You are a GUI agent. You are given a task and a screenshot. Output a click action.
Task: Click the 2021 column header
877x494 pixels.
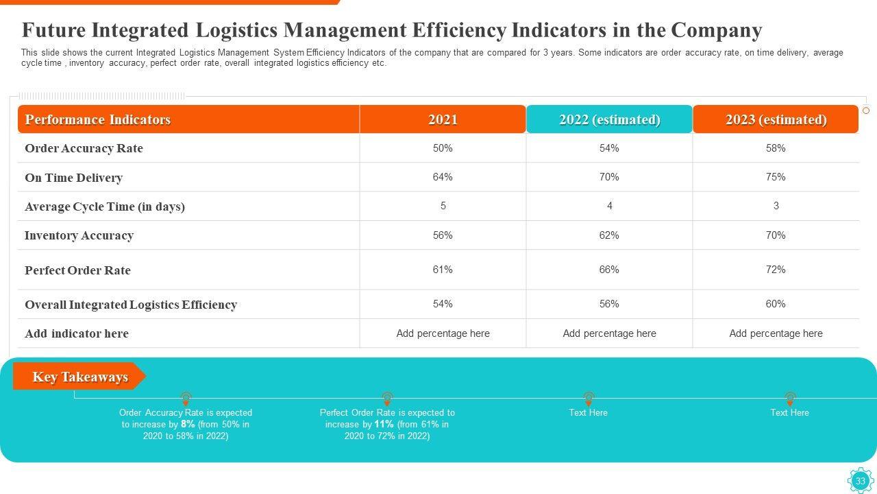click(x=443, y=119)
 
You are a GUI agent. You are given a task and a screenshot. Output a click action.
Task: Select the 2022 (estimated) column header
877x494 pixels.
click(x=609, y=119)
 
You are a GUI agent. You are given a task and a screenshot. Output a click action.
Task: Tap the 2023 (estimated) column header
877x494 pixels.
click(x=776, y=119)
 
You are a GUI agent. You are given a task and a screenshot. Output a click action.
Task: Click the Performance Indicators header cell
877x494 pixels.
click(x=98, y=119)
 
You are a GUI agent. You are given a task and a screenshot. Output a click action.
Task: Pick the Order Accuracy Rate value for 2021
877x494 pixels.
click(x=443, y=148)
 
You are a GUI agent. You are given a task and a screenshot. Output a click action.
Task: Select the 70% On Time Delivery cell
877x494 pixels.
click(x=609, y=177)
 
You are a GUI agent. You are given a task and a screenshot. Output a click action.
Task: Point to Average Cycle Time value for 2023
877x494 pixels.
click(x=776, y=206)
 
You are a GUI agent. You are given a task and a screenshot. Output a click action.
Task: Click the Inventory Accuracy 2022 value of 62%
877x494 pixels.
click(x=609, y=235)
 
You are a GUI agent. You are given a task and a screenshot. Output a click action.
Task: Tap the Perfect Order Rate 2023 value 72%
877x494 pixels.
click(x=776, y=270)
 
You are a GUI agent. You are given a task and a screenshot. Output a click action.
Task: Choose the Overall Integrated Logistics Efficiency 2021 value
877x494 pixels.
click(x=443, y=304)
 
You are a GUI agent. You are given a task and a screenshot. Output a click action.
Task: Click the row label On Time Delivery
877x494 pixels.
click(x=73, y=178)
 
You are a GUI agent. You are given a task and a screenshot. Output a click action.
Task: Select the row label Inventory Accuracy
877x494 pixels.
click(x=79, y=235)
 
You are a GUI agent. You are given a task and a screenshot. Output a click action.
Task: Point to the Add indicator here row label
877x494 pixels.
click(x=77, y=333)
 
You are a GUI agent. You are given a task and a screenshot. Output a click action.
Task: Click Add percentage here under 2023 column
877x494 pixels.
click(x=776, y=333)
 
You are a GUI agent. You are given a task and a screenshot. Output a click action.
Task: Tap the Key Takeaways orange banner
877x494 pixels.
click(x=79, y=377)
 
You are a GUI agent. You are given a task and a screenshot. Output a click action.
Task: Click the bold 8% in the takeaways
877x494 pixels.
click(x=188, y=424)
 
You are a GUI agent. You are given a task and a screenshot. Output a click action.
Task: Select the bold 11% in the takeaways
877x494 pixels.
click(x=384, y=424)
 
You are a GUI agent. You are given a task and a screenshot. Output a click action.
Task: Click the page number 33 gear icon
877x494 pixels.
click(x=860, y=481)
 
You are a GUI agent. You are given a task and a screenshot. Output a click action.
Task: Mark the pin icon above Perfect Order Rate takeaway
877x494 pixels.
click(x=387, y=398)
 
